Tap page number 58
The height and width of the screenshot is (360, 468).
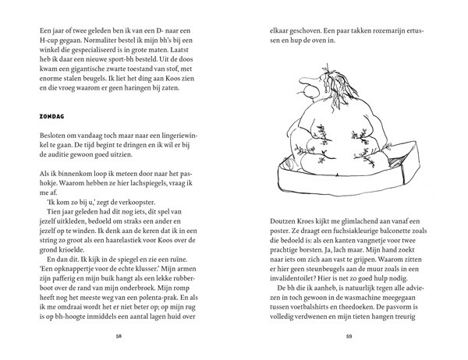point(118,337)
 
